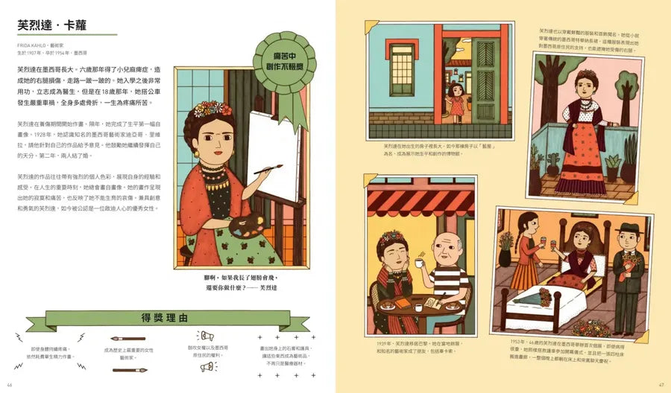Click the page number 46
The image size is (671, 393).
pyautogui.click(x=9, y=385)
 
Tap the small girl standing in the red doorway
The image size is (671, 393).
pyautogui.click(x=456, y=102)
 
